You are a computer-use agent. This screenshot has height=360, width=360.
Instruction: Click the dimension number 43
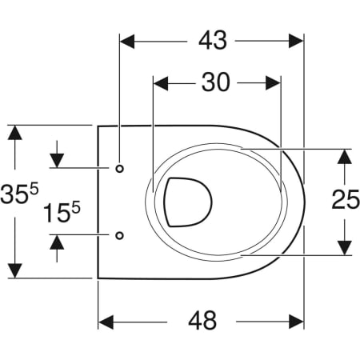pyautogui.click(x=213, y=41)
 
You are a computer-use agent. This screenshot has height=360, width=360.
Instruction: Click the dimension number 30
pyautogui.click(x=215, y=82)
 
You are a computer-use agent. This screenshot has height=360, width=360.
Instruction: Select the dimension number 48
pyautogui.click(x=202, y=321)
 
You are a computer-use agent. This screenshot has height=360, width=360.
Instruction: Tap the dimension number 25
pyautogui.click(x=346, y=199)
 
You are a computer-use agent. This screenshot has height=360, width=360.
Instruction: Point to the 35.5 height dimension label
pyautogui.click(x=19, y=193)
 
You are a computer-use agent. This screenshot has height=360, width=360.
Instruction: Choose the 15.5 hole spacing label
pyautogui.click(x=62, y=212)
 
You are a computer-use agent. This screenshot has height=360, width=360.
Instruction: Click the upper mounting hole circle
pyautogui.click(x=119, y=169)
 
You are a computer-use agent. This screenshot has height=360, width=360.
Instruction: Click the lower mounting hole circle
pyautogui.click(x=119, y=235)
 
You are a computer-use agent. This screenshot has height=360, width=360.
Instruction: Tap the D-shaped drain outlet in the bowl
pyautogui.click(x=188, y=202)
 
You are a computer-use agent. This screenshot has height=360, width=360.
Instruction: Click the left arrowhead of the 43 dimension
pyautogui.click(x=127, y=41)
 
